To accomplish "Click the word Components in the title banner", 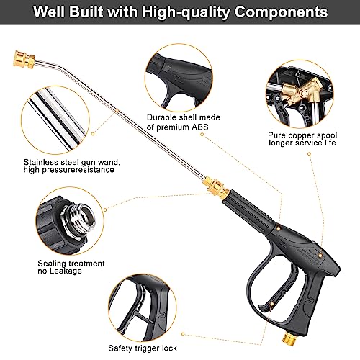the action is click(x=281, y=12).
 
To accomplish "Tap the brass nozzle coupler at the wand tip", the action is click(x=24, y=60).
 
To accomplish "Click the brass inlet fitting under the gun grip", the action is click(x=289, y=338).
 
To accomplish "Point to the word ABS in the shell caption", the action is click(x=199, y=127).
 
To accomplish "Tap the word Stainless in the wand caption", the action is click(x=40, y=162).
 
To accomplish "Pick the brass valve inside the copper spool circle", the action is click(x=300, y=92).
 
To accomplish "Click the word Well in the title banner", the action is click(x=49, y=12).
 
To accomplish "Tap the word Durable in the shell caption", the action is click(x=162, y=117).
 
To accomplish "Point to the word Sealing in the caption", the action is click(x=51, y=264).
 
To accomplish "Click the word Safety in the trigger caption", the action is click(x=120, y=348).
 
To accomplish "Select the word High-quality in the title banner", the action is click(x=186, y=12).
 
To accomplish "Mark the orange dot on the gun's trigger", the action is click(x=272, y=304).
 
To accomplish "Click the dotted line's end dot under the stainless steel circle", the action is click(x=93, y=134).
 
